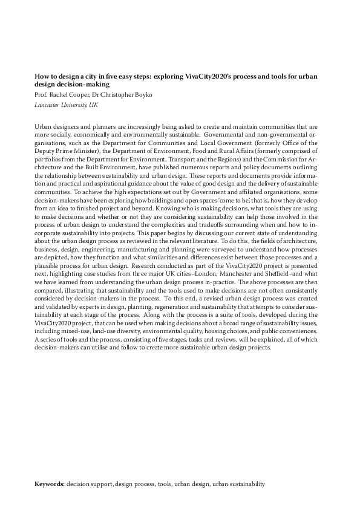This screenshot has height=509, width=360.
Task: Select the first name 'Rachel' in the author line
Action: click(x=63, y=96)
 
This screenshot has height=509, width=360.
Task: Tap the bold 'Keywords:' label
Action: click(x=50, y=484)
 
